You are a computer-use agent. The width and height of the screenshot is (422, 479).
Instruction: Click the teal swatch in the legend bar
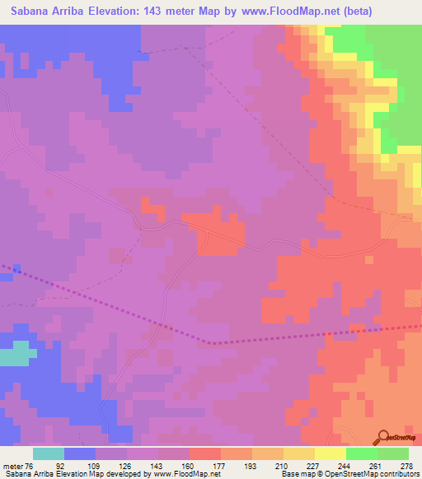tap(49, 454)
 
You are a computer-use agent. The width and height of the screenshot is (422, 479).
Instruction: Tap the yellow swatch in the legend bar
tap(331, 454)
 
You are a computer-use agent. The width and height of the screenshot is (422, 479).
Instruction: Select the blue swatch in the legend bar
tap(80, 454)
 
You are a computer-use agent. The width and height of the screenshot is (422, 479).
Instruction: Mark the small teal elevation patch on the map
tap(12, 356)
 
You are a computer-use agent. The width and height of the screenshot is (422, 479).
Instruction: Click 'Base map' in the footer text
tap(298, 474)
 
